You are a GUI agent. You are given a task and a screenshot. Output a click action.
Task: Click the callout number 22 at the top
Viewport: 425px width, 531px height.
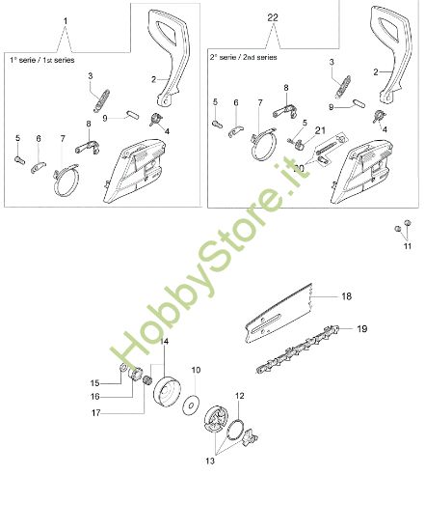273,18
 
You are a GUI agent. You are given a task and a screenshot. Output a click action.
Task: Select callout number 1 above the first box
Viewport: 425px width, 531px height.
65,20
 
